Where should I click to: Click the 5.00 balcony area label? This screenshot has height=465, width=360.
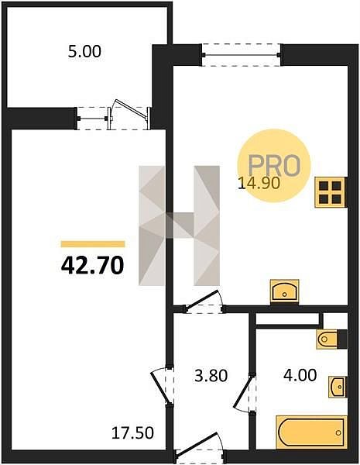click(84, 52)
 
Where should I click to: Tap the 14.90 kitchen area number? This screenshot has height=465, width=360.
click(259, 183)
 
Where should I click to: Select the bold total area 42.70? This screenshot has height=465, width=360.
click(92, 265)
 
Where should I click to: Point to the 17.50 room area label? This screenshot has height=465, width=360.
click(132, 432)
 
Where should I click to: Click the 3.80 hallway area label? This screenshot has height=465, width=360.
click(211, 376)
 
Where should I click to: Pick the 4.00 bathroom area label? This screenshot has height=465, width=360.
click(300, 375)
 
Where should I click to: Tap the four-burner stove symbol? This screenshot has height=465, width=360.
click(331, 192)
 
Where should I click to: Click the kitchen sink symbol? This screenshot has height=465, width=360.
click(284, 291)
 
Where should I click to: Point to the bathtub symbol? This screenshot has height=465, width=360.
click(311, 432)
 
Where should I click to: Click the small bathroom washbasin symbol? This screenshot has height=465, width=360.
click(338, 387)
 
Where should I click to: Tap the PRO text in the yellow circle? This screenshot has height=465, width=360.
click(274, 165)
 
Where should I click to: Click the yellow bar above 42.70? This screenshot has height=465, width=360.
click(93, 244)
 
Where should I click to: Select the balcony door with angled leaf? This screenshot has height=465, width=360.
click(129, 115)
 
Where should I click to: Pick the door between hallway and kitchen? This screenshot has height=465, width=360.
click(204, 303)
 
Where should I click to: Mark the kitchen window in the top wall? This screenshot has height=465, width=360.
click(242, 55)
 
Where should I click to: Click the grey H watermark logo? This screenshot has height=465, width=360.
click(180, 226)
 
